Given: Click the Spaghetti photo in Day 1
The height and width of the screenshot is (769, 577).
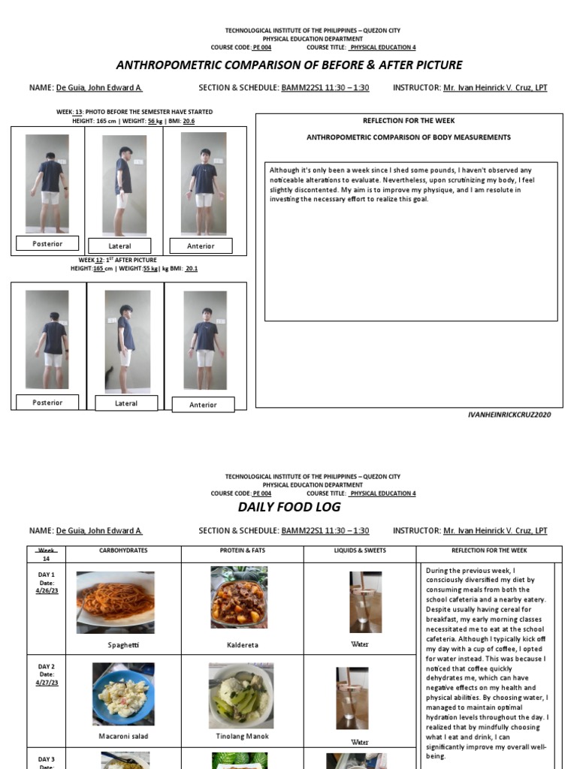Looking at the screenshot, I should (x=115, y=602).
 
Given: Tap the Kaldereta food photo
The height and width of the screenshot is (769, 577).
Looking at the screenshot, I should (x=239, y=598).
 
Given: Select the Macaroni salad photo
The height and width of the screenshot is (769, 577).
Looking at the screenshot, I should (x=123, y=694).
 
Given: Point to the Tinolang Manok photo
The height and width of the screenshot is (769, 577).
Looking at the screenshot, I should (x=241, y=695).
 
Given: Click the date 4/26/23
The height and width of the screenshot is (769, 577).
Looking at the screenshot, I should (x=47, y=591).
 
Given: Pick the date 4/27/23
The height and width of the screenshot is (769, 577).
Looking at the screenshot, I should (x=47, y=683).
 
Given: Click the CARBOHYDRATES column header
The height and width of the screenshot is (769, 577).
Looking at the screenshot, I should (x=123, y=551).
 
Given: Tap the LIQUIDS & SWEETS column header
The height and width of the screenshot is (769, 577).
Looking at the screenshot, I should (x=360, y=551).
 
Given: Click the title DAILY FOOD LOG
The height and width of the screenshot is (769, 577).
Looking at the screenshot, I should (x=289, y=507).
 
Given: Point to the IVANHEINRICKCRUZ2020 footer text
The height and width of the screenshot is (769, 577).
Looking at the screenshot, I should (x=509, y=415).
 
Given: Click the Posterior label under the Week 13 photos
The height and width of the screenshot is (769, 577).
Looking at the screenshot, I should (x=47, y=244).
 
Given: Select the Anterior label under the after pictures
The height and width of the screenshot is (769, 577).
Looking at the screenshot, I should (x=203, y=405).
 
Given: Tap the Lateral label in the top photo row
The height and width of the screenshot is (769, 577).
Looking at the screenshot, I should (x=119, y=246).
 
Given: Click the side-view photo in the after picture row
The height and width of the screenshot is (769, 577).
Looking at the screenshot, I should (x=127, y=339).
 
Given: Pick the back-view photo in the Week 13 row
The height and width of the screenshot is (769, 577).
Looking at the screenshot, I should (x=47, y=184).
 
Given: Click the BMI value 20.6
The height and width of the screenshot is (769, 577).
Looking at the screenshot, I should (x=189, y=121).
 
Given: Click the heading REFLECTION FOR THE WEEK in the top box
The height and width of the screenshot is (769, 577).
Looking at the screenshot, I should (x=409, y=120).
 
